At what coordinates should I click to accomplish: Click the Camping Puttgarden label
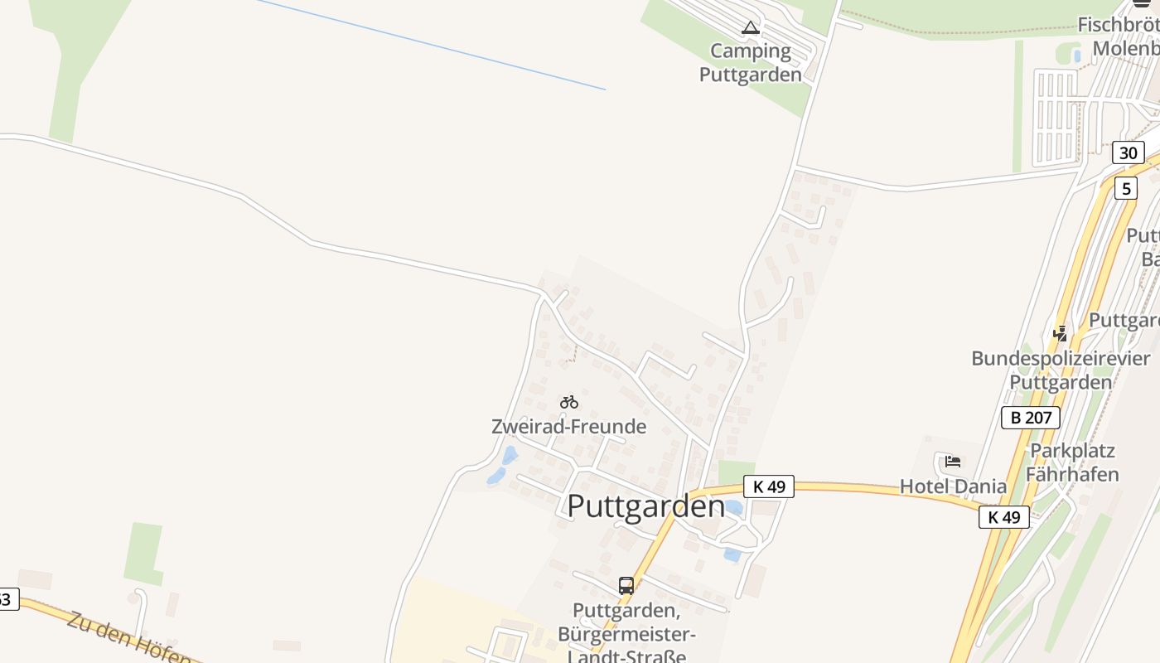click(x=751, y=63)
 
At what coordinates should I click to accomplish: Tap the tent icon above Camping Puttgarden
click(x=751, y=28)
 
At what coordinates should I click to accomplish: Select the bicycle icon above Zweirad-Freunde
click(x=569, y=402)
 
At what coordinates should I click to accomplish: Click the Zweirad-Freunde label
click(x=568, y=427)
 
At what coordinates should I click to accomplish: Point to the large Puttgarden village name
click(x=645, y=506)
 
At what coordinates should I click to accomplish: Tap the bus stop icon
click(x=626, y=586)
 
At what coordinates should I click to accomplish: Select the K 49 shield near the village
click(x=769, y=486)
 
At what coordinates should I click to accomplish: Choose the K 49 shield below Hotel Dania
click(x=1004, y=517)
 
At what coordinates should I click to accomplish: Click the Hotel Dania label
click(x=954, y=486)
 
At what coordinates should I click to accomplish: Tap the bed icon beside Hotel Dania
click(x=952, y=462)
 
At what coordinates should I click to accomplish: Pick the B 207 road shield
click(x=1031, y=418)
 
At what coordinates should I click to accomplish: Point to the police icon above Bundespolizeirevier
click(x=1060, y=333)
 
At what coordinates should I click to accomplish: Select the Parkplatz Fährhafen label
click(x=1072, y=462)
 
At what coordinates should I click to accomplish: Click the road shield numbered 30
click(x=1128, y=152)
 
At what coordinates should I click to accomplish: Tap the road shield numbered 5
click(x=1125, y=189)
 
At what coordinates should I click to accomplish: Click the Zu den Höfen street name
click(x=128, y=640)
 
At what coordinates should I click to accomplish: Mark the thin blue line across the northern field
click(x=431, y=45)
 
